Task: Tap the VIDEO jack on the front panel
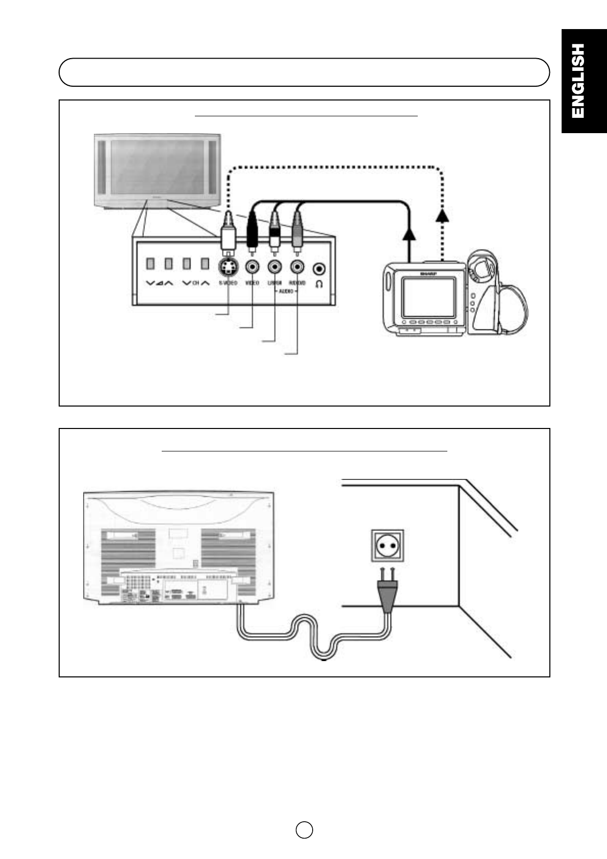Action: pyautogui.click(x=252, y=267)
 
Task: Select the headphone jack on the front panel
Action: pyautogui.click(x=320, y=268)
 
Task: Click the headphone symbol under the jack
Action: pyautogui.click(x=320, y=284)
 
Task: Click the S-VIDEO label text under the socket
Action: pyautogui.click(x=228, y=283)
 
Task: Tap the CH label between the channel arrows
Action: pyautogui.click(x=195, y=283)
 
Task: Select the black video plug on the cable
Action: pyautogui.click(x=252, y=232)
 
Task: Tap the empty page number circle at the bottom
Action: pyautogui.click(x=304, y=829)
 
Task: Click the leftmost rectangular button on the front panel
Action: pyautogui.click(x=150, y=264)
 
